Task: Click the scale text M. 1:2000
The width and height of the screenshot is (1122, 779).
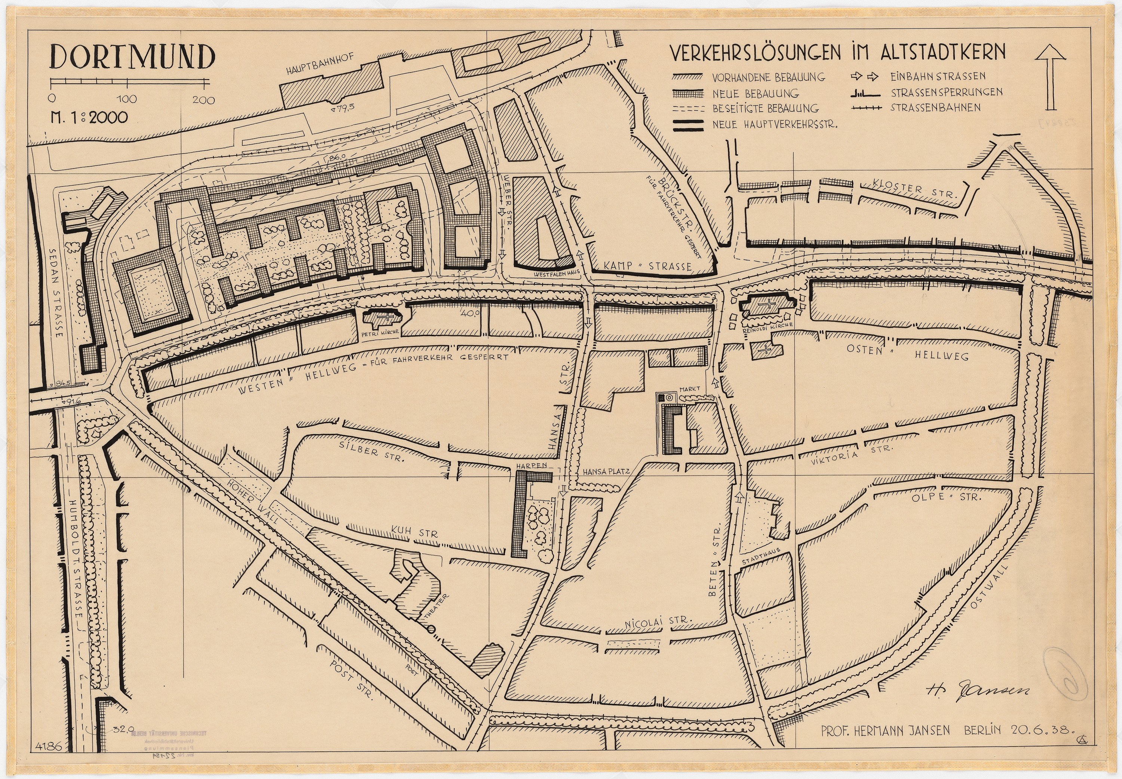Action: (89, 118)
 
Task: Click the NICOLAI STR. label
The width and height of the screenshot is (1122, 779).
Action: (659, 622)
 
